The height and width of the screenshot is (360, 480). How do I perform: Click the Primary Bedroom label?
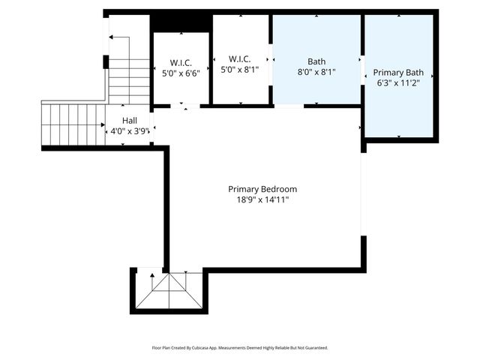pos(262,189)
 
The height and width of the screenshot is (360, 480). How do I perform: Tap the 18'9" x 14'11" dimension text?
pos(262,199)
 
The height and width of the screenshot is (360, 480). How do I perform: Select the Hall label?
pos(130,120)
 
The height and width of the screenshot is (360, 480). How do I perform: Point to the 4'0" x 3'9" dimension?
pos(130,131)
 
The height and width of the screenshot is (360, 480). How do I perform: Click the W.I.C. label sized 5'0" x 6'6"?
pos(181,63)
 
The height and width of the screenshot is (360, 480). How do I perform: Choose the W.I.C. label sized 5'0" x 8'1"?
pos(240,59)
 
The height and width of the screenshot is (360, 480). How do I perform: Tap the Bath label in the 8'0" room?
pos(316,61)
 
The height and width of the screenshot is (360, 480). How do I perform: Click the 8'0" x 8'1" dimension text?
pos(316,73)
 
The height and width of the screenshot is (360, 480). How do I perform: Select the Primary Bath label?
pos(398,73)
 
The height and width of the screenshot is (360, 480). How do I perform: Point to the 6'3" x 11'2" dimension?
pos(398,84)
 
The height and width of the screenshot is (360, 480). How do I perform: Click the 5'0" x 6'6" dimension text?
pos(181,73)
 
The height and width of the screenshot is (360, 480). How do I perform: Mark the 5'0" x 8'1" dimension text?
pos(240,70)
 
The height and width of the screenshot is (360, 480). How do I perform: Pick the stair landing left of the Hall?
pos(73,124)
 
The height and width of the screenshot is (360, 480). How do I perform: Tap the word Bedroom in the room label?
pos(279,189)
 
